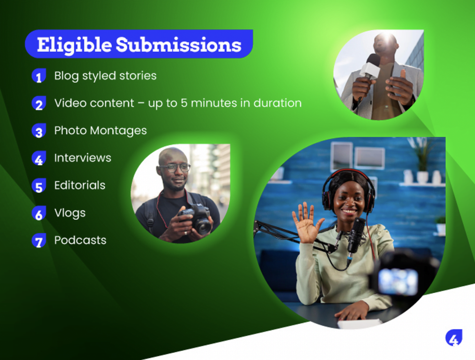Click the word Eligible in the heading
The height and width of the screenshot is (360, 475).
click(75, 45)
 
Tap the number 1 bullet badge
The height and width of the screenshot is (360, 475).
click(39, 76)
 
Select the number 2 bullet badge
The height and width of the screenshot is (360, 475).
click(39, 103)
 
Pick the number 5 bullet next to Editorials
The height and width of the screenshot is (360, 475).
click(39, 186)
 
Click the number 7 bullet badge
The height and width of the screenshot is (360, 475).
click(39, 241)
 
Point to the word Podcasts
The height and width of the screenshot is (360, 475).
click(80, 240)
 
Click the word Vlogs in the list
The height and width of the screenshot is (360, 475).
click(70, 213)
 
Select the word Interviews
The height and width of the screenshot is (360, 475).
click(83, 158)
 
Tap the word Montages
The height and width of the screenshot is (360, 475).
click(118, 131)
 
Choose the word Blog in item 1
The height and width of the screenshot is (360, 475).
click(66, 76)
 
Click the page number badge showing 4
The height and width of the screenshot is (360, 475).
click(454, 338)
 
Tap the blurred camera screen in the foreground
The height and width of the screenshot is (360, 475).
click(399, 282)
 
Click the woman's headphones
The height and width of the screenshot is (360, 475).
click(349, 191)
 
